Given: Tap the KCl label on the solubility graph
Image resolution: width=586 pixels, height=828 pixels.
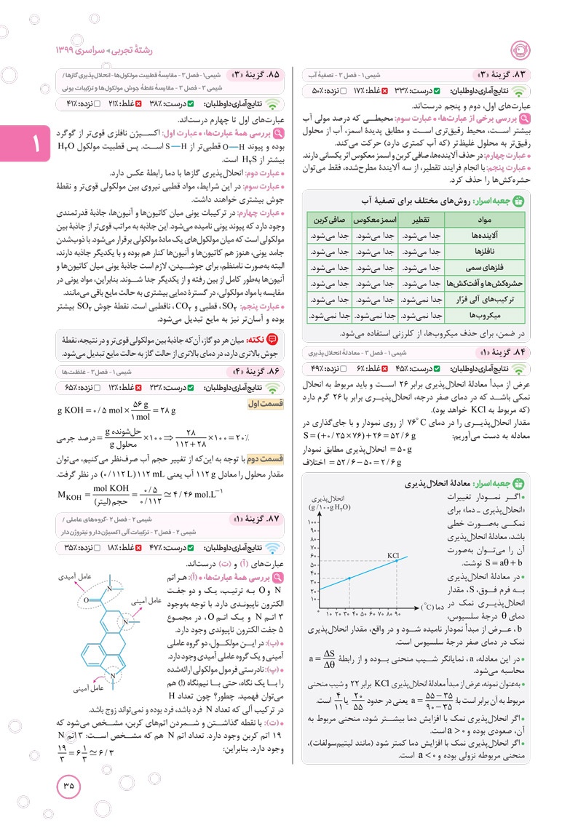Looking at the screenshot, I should [394, 556].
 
